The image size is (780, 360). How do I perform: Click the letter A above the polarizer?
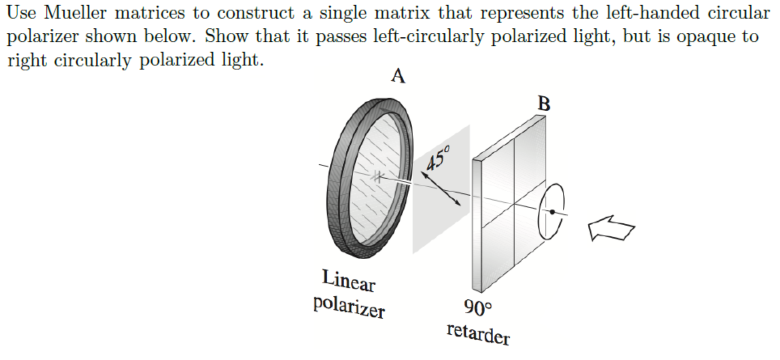398,76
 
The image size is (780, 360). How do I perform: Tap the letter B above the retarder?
544,104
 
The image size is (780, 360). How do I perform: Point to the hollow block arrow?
611,228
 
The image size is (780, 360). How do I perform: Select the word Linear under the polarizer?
349,280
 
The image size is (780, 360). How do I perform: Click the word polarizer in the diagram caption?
349,307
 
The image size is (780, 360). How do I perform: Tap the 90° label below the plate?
478,308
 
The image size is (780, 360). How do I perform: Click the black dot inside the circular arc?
552,212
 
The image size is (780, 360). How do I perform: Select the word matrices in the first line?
150,13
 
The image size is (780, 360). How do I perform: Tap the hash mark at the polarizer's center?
377,176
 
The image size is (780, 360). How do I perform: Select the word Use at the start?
21,13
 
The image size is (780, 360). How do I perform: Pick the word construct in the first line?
255,13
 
